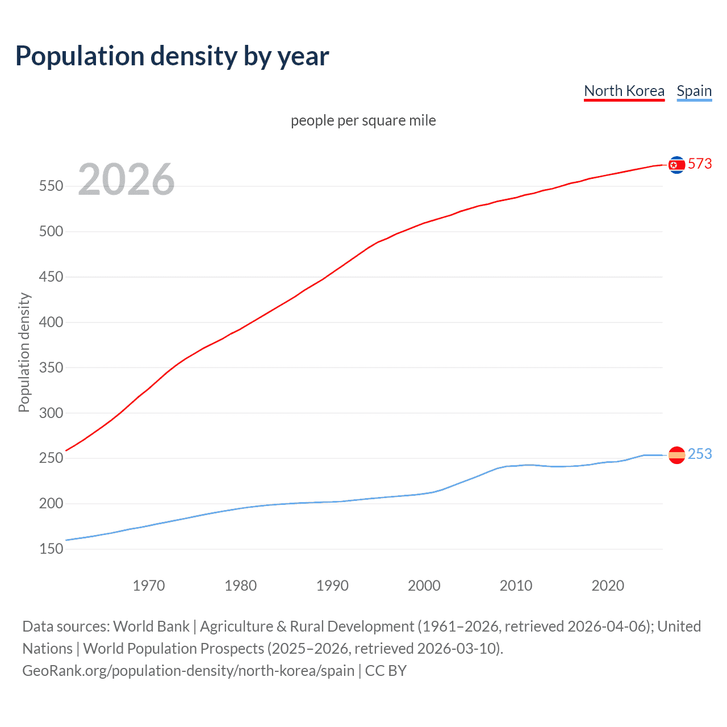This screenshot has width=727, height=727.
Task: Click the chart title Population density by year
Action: tap(172, 56)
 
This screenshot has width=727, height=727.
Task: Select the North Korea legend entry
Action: tap(624, 91)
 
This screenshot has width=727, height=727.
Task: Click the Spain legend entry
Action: tap(694, 91)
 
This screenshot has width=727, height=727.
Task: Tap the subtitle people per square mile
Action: tap(363, 120)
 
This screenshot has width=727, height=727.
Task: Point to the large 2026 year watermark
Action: tap(126, 179)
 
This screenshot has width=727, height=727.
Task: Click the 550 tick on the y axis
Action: tap(51, 186)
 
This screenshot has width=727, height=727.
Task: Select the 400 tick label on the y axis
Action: tap(51, 323)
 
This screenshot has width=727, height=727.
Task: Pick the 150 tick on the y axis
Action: tap(51, 549)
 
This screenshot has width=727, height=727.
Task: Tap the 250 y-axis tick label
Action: tap(51, 458)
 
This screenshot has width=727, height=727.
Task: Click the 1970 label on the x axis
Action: tap(149, 586)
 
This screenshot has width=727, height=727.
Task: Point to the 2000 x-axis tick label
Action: tap(424, 586)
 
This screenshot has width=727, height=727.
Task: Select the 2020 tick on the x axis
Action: tap(608, 586)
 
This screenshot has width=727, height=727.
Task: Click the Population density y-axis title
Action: tap(24, 352)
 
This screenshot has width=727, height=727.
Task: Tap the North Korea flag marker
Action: tap(676, 165)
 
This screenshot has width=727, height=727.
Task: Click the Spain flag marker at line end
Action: tap(676, 455)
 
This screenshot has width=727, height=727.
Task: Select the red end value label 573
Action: tap(700, 164)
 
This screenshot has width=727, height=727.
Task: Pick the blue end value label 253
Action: tap(700, 454)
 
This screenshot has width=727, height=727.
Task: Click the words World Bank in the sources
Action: tap(151, 626)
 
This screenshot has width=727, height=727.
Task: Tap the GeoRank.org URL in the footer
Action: tap(188, 671)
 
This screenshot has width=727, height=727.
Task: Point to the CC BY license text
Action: tap(386, 671)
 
